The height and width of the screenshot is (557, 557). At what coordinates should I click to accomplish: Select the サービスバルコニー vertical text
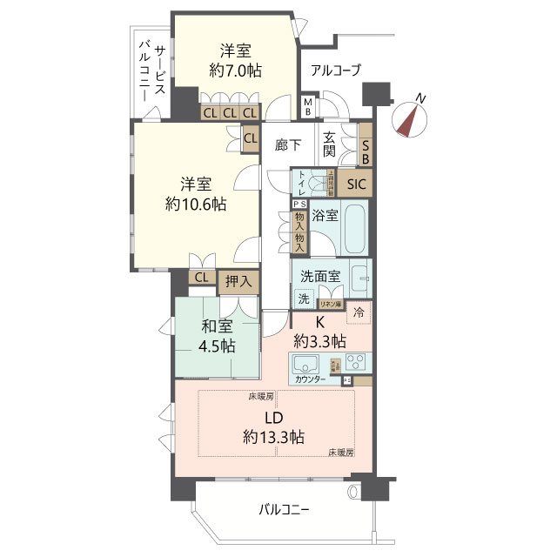tap(152, 74)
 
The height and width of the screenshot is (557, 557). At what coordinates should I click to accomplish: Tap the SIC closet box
tap(357, 184)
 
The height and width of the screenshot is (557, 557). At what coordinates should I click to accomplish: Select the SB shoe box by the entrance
tap(366, 152)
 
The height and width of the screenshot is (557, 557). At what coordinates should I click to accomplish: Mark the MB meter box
tap(307, 107)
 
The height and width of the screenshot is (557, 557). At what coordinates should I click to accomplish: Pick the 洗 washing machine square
tap(304, 299)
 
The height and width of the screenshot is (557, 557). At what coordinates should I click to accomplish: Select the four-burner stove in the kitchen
tap(358, 361)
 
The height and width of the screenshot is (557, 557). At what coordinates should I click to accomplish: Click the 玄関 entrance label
tap(330, 144)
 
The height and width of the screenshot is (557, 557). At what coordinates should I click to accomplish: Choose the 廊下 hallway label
tap(288, 145)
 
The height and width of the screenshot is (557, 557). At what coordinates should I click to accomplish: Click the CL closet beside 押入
tap(201, 278)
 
